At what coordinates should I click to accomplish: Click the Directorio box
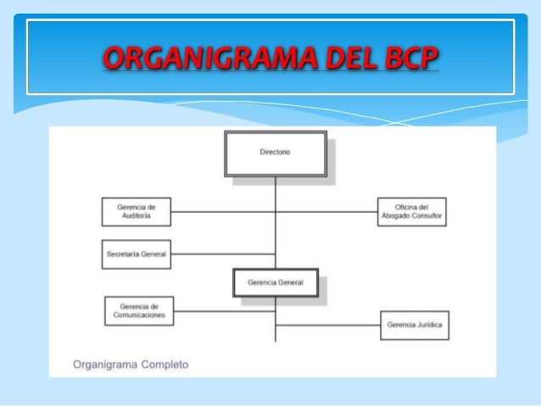pos(275,153)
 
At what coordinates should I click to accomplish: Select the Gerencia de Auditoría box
pos(137,211)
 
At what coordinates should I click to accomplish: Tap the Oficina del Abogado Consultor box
pos(412,211)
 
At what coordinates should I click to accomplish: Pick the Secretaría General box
pos(136,253)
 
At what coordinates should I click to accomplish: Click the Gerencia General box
pos(275,281)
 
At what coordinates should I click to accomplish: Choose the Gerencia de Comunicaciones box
pos(141,310)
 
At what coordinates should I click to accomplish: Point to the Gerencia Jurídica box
pos(413,325)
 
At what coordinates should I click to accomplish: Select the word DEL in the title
pos(333,58)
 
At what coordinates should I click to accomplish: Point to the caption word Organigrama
pos(99,366)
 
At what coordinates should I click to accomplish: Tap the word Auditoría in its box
pos(137,216)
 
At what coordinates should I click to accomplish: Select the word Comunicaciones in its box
pos(141,315)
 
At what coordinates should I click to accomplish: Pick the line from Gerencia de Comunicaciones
pos(225,310)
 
